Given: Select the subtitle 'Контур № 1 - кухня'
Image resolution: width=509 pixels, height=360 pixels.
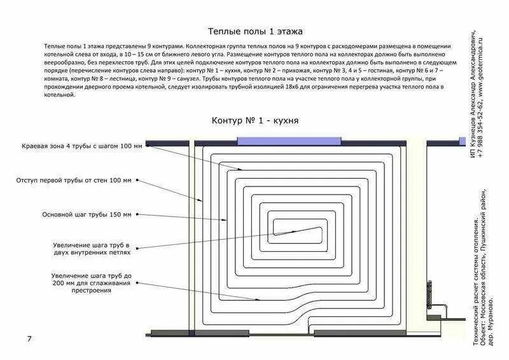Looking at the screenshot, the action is coord(254,120).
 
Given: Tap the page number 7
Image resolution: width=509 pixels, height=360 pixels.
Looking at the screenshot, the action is coord(29,338).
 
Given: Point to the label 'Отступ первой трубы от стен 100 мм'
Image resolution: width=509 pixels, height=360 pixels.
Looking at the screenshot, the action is coord(74,181).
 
